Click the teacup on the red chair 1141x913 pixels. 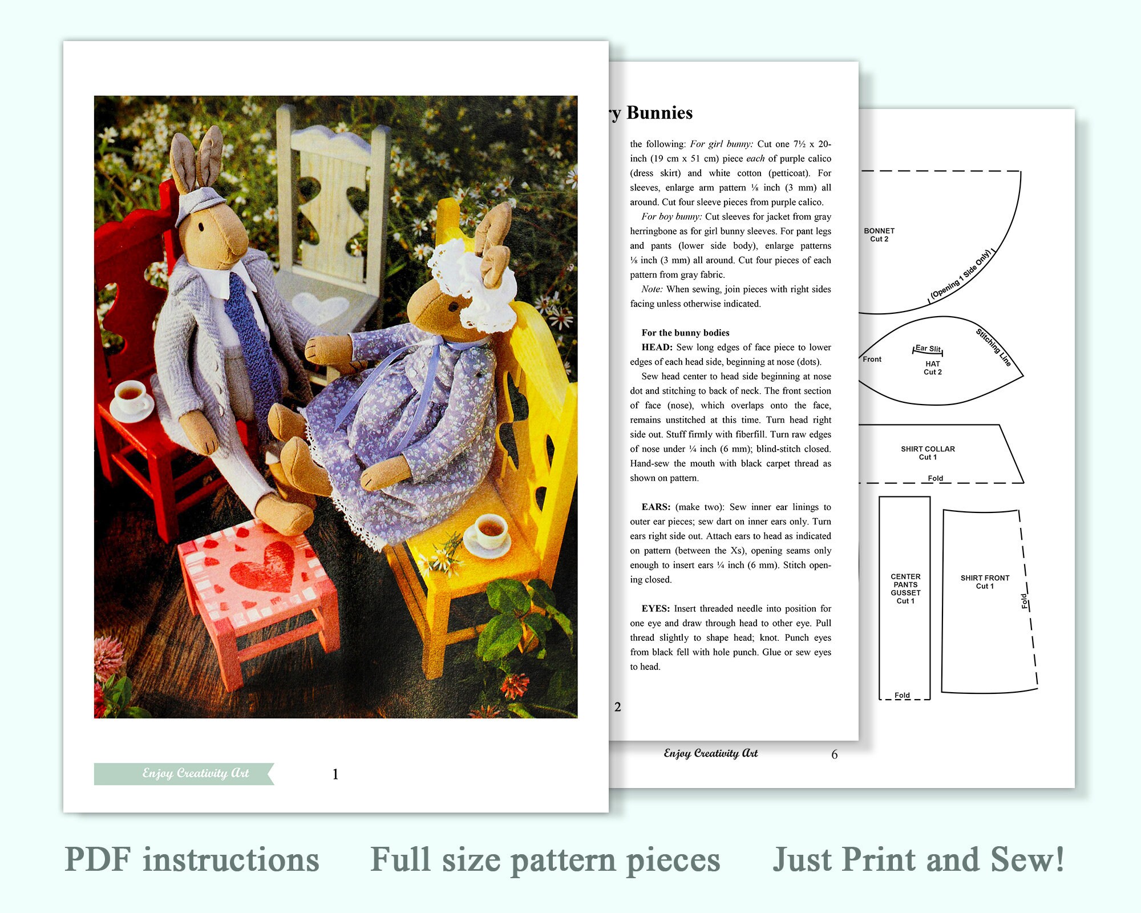[x=131, y=395]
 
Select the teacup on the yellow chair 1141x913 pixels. [x=489, y=531]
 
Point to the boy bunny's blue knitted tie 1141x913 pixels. [x=246, y=331]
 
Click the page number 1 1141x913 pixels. [x=335, y=774]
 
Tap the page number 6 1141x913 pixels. [x=834, y=755]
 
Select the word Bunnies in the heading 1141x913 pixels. [x=659, y=113]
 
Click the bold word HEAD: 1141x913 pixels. [x=657, y=348]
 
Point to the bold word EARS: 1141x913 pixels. [x=656, y=507]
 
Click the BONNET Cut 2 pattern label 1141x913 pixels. [x=879, y=235]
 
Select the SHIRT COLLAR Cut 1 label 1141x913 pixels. [x=928, y=453]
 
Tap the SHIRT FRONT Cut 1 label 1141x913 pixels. [x=985, y=582]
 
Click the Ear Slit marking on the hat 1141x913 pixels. [x=928, y=349]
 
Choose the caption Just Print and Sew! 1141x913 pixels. [x=919, y=860]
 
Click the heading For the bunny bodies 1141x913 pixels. [x=685, y=333]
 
